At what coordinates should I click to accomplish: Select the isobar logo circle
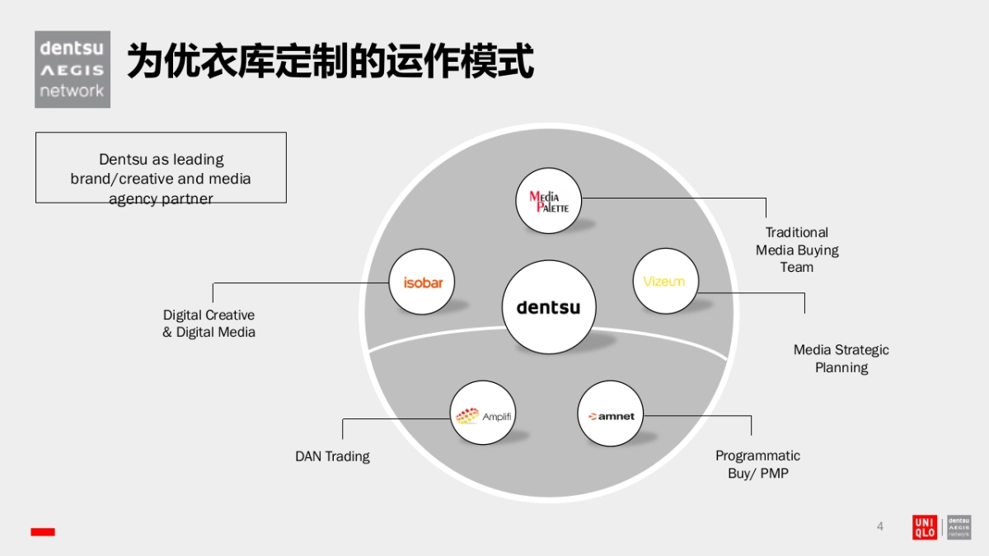[x=423, y=283]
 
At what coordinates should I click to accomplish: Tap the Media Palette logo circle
[x=549, y=203]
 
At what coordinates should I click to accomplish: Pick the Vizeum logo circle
[x=664, y=282]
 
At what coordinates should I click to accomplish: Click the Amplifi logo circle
[x=484, y=414]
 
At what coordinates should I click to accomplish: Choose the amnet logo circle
[x=611, y=415]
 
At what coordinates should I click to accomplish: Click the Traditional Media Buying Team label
[x=797, y=250]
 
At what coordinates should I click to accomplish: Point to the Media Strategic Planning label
[x=841, y=358]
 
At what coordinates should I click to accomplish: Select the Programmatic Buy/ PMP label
[x=757, y=465]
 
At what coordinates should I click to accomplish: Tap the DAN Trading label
[x=332, y=456]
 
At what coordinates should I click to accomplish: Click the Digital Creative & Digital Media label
[x=209, y=324]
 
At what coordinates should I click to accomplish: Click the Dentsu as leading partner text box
[x=161, y=168]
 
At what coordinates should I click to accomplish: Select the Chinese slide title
[x=330, y=62]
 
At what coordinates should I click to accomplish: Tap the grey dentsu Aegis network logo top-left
[x=73, y=69]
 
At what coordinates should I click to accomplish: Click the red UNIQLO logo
[x=925, y=527]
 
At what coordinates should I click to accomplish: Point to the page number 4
[x=879, y=526]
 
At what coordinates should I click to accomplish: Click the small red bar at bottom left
[x=43, y=532]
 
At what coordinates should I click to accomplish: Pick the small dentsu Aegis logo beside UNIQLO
[x=959, y=527]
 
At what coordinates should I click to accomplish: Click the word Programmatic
[x=757, y=456]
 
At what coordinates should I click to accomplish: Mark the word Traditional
[x=797, y=232]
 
